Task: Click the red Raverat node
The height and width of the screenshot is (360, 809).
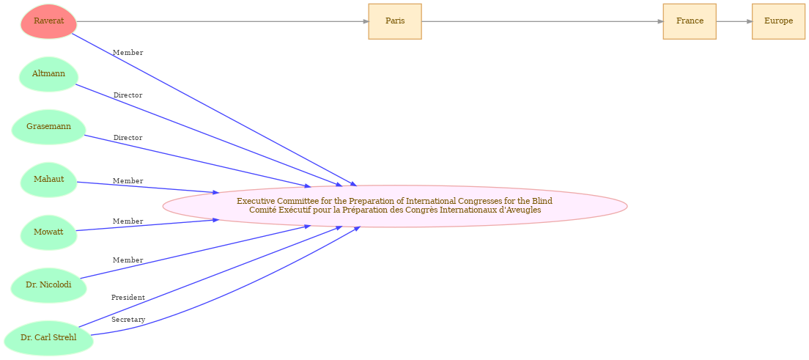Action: [x=48, y=21]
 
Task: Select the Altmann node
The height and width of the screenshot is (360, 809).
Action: [x=48, y=74]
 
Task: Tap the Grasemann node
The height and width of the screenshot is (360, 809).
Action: [x=48, y=127]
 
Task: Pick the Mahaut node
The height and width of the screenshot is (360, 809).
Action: [x=48, y=180]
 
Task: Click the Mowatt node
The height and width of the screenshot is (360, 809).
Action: [x=48, y=232]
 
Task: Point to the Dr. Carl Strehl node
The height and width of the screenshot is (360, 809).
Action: [x=48, y=338]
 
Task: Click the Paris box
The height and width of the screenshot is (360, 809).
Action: [x=395, y=21]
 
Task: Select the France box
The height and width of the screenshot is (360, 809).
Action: [x=690, y=21]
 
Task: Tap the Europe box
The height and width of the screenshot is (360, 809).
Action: [x=778, y=21]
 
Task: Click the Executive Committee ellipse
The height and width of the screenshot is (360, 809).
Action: [x=395, y=206]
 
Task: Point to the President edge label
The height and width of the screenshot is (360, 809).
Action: [x=128, y=298]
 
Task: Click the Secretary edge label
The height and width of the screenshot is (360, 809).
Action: [x=128, y=320]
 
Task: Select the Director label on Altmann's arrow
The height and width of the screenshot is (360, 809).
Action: [x=128, y=95]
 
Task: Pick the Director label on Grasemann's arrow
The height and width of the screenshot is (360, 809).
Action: [x=128, y=138]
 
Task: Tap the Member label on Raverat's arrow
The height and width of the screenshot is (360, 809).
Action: [x=128, y=53]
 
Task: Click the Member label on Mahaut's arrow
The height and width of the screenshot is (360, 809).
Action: [x=128, y=181]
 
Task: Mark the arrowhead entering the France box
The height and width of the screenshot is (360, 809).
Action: [x=660, y=21]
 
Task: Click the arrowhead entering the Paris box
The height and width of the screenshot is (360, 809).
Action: [x=365, y=21]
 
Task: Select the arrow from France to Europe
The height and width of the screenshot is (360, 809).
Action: [x=734, y=21]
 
